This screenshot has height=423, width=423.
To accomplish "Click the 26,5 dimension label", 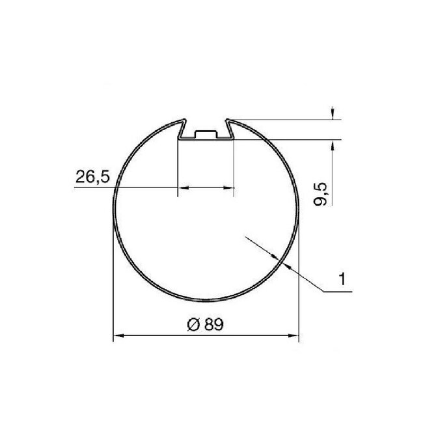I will [91, 176].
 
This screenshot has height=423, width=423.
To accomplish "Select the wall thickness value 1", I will [340, 280].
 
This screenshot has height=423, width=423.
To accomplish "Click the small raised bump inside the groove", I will [205, 134].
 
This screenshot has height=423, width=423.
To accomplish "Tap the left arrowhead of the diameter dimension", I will [118, 336].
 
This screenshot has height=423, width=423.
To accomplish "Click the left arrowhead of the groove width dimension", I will [183, 188].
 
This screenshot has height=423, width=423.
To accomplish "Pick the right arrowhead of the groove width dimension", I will [229, 188].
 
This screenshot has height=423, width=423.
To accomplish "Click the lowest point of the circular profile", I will [205, 302].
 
